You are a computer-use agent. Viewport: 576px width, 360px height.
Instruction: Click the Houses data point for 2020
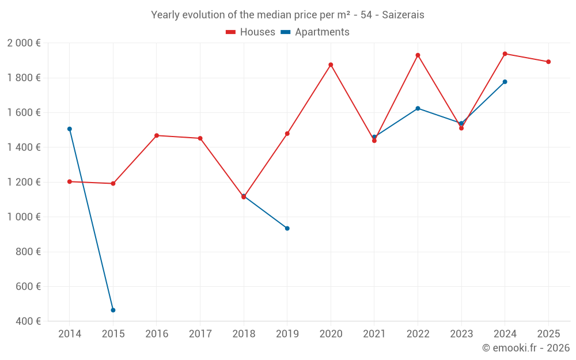point(331,65)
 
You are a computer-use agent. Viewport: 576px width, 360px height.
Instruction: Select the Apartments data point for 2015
point(113,310)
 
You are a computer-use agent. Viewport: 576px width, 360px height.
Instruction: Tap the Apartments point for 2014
point(70,129)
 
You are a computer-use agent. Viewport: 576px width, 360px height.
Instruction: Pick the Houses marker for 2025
point(548,62)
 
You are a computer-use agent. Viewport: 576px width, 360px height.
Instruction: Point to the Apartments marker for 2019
point(287,228)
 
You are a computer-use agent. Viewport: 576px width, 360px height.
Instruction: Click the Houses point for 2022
point(418,55)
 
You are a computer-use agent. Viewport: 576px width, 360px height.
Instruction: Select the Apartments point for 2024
point(505,82)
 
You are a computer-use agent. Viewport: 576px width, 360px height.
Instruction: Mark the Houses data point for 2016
point(157,135)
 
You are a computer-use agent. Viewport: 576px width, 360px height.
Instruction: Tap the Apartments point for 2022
point(418,108)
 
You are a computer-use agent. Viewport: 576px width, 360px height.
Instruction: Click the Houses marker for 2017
point(200,138)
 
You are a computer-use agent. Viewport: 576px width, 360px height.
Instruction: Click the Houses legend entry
point(251,32)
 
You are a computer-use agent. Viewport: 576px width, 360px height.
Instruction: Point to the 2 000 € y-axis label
point(24,43)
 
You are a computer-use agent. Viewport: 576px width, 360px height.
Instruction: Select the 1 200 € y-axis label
point(24,182)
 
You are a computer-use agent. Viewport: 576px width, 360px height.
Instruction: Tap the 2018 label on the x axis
point(244,334)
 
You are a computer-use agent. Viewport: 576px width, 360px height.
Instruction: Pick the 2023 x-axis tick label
point(461,334)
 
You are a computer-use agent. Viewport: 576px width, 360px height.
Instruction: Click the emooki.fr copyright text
point(525,348)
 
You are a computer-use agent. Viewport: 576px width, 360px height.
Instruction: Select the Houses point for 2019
point(287,134)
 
